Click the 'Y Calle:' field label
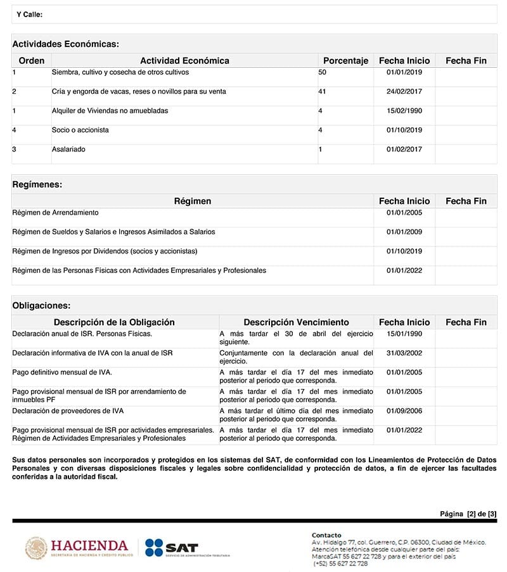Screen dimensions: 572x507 coord(30,14)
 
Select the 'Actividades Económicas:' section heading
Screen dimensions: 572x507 coord(66,44)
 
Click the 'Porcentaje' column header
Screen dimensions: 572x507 coord(345,61)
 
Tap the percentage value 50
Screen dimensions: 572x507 coord(323,73)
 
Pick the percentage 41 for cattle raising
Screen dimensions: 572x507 coord(323,92)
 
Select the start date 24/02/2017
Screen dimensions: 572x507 coord(404,92)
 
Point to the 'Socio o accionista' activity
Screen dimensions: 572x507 coord(80,130)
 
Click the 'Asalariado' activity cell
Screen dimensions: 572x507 coord(68,149)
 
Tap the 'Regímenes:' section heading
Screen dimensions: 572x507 coord(37,184)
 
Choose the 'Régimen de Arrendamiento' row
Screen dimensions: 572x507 coord(55,213)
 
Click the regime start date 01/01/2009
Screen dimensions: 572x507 coord(404,232)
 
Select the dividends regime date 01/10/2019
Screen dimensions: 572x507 coord(404,251)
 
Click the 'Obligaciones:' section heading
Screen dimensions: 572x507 coord(42,305)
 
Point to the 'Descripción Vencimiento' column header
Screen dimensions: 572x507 coord(296,322)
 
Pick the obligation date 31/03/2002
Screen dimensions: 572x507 coord(404,353)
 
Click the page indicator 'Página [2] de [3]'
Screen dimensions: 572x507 coord(468,514)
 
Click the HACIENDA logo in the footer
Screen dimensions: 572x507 coord(79,547)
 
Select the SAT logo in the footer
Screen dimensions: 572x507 coord(172,547)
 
